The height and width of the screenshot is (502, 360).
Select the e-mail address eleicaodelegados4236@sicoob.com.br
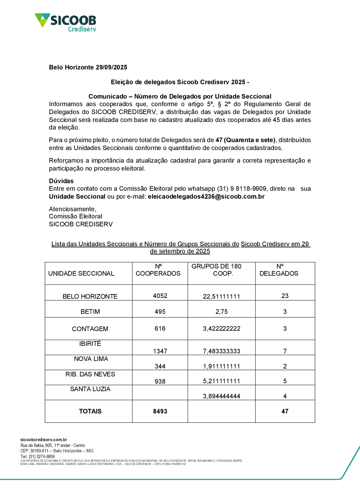click(206, 196)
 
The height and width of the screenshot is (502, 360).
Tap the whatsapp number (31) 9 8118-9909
click(242, 189)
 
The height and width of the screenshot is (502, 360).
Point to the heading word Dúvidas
click(61, 181)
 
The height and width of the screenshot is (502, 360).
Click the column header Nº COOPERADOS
click(158, 270)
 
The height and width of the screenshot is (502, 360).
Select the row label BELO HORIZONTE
click(90, 297)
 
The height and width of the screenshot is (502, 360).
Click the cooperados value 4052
click(160, 296)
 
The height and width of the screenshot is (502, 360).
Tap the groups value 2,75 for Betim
click(221, 312)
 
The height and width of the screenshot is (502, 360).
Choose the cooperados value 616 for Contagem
click(160, 329)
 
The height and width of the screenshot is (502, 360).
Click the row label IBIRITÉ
click(90, 344)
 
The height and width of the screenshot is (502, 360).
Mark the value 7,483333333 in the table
click(221, 351)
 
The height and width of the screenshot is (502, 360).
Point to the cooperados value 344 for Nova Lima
click(160, 366)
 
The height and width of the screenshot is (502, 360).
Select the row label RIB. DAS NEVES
click(90, 374)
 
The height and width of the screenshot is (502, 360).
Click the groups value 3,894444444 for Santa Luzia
click(221, 396)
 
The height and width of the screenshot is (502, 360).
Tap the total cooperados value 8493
click(160, 411)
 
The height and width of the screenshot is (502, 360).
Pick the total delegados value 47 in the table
click(285, 411)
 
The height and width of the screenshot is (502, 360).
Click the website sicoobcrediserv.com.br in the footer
click(44, 440)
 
